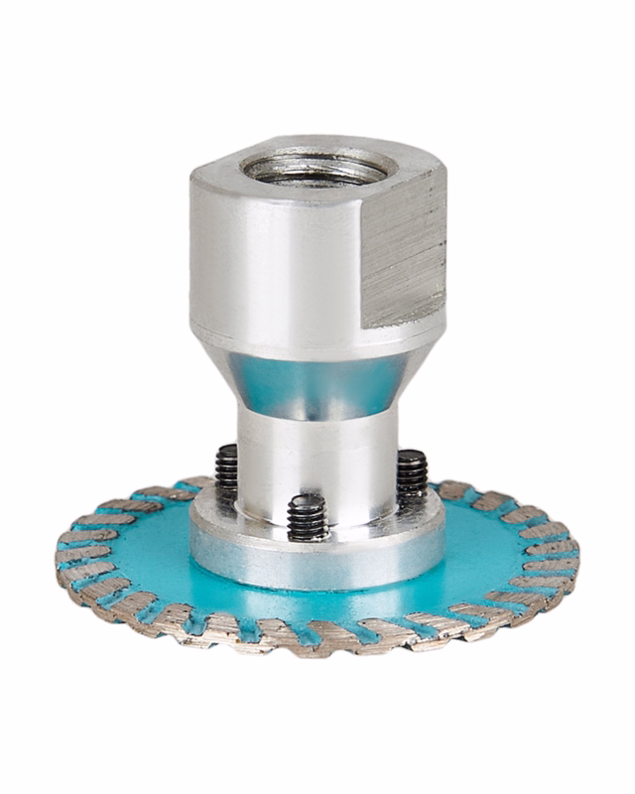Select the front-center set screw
point(308,516)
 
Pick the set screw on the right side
point(412,474)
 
